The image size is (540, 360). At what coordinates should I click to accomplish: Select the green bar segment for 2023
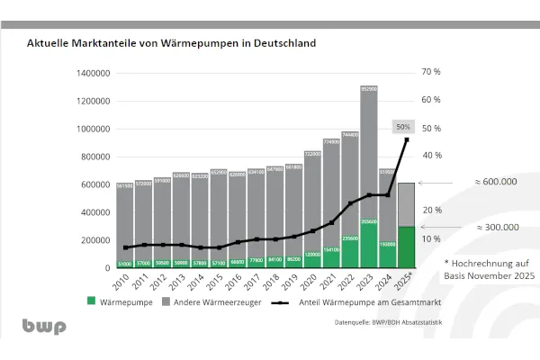pos(369,244)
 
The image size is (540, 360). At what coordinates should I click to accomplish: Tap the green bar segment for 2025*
pos(406,247)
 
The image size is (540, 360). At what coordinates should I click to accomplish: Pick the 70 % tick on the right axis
pos(430,72)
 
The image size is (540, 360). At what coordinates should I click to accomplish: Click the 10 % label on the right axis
pos(430,239)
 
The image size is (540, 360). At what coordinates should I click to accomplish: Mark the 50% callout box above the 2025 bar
pos(405,126)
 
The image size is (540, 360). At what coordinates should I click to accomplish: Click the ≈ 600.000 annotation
pos(495,182)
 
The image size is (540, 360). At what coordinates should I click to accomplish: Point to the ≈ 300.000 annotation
pos(495,228)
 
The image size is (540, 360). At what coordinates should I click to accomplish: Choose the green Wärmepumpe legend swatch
pos(91,302)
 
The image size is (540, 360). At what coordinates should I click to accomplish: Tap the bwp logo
pos(44,327)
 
